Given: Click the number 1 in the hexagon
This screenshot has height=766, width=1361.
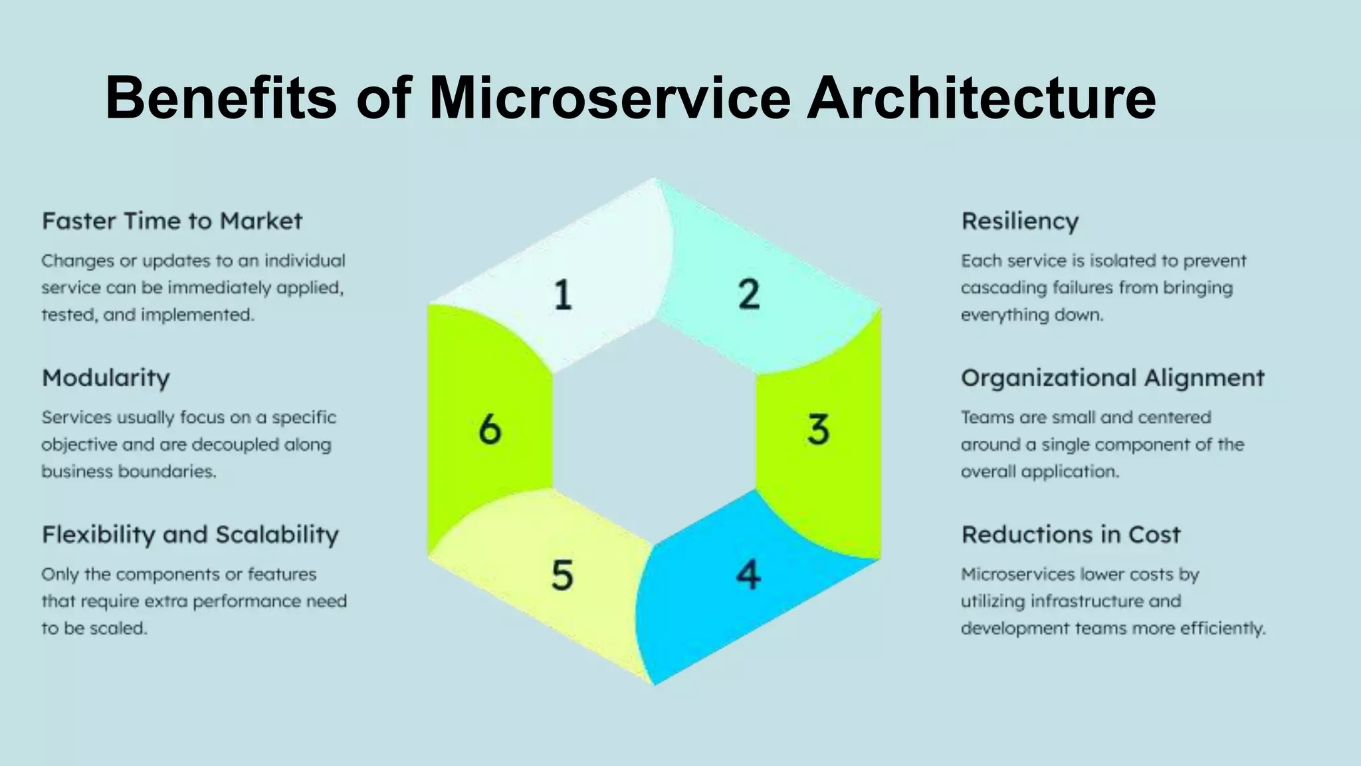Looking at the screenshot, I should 563,295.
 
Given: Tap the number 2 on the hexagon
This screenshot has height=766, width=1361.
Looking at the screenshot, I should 749,294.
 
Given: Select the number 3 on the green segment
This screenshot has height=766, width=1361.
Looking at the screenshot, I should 818,430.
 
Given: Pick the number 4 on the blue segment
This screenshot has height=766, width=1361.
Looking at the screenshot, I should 748,575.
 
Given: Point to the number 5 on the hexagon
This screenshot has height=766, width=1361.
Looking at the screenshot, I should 562,575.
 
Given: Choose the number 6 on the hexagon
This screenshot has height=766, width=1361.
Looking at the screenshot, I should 490,430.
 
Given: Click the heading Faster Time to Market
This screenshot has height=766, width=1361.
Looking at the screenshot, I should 172,221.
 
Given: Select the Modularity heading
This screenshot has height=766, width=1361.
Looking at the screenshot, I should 106,378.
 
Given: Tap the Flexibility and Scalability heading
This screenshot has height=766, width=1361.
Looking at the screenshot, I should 190,535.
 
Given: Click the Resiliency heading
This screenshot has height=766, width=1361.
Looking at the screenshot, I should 1020,221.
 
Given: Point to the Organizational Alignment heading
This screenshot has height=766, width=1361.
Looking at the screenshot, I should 1112,378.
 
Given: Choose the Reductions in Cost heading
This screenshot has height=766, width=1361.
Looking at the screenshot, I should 1071,535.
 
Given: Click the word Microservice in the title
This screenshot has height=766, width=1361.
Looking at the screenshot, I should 610,98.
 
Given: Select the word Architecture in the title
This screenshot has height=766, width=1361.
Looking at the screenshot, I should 981,98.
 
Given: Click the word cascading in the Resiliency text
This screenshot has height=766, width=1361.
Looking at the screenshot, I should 1003,288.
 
